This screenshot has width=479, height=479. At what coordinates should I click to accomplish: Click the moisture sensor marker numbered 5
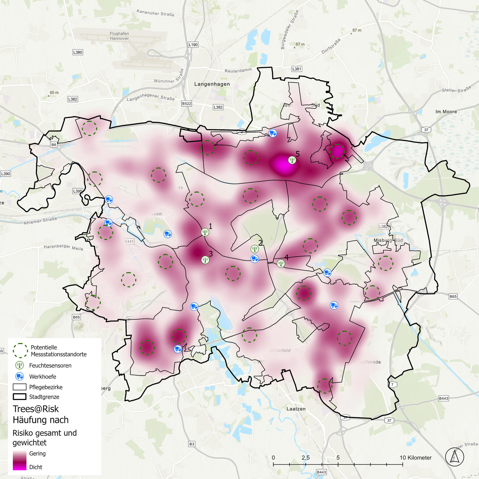point(292,160)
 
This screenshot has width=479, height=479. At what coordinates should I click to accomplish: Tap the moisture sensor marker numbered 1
point(205,232)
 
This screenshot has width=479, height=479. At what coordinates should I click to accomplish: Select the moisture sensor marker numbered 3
point(205,260)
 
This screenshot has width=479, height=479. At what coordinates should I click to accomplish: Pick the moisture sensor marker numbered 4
point(281,263)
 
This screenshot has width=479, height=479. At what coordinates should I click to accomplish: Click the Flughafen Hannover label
point(119,36)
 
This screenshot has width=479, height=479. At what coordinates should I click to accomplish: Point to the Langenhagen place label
point(212,84)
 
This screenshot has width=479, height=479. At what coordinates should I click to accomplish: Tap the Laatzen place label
point(296,409)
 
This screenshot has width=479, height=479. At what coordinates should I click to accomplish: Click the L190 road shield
point(193,45)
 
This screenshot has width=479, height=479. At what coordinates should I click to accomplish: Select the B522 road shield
point(186,104)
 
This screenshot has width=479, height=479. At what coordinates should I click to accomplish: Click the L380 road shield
point(78,52)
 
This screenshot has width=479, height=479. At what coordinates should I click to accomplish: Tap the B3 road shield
point(192,444)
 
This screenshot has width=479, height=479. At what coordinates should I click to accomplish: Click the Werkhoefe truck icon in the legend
point(20,376)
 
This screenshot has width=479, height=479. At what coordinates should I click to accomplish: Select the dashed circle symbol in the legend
point(20,350)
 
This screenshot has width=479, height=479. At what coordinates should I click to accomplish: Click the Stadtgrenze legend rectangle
point(20,397)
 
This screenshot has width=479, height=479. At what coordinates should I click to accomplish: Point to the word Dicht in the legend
point(36,467)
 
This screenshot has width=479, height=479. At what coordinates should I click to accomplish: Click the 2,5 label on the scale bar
point(305,457)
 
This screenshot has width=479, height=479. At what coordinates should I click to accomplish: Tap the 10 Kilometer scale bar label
point(415,457)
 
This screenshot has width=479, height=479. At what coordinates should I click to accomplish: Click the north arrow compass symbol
point(455,457)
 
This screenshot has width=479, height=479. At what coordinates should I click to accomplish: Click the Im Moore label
point(446,112)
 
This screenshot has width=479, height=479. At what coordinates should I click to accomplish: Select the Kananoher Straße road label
point(155,13)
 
